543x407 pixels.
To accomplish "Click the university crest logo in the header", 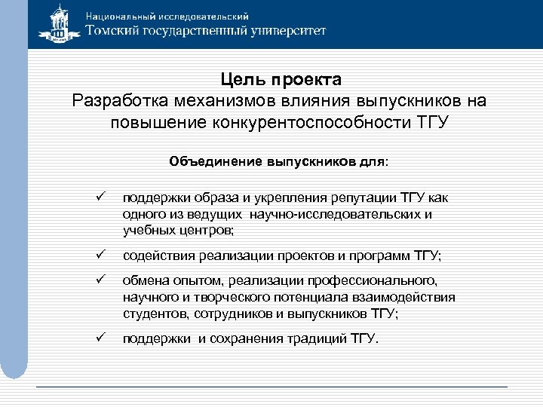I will pyautogui.click(x=58, y=23).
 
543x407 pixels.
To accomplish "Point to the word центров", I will pyautogui.click(x=207, y=229).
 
